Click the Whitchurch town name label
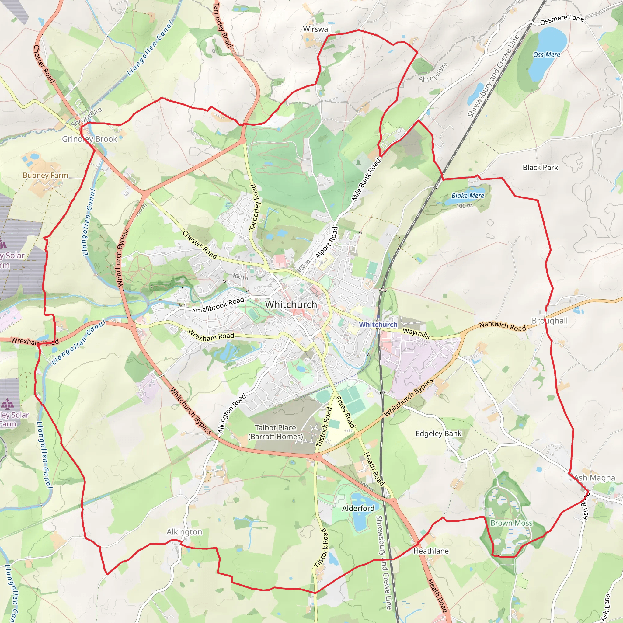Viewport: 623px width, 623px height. [291, 305]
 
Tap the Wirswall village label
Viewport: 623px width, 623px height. [317, 29]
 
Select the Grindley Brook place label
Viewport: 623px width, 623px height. [90, 139]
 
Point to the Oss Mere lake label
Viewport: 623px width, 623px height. [547, 54]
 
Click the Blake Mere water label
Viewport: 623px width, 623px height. [468, 196]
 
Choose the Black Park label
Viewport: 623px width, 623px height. [540, 168]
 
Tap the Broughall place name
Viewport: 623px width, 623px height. [549, 321]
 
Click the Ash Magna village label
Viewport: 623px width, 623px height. [595, 478]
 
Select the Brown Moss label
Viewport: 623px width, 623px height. [511, 523]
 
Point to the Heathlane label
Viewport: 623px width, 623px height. [431, 551]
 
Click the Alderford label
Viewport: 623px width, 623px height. [358, 509]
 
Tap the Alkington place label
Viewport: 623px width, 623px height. [184, 532]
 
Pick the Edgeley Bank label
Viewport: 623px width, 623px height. [439, 434]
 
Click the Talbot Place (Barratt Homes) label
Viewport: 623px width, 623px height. [275, 432]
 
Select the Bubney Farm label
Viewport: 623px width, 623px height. [45, 176]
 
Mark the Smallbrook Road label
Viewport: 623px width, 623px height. [218, 305]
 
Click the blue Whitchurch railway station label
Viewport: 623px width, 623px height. [378, 324]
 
